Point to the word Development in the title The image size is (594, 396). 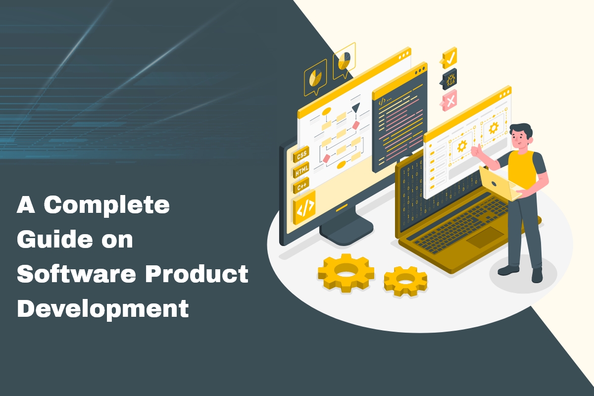(103, 309)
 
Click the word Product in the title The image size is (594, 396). (205, 274)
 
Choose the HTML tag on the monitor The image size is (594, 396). (301, 170)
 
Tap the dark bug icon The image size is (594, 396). (449, 79)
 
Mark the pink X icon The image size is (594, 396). (449, 100)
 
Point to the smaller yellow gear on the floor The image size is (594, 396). (405, 281)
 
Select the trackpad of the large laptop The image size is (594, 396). (483, 240)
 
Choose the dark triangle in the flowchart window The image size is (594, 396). (356, 107)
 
